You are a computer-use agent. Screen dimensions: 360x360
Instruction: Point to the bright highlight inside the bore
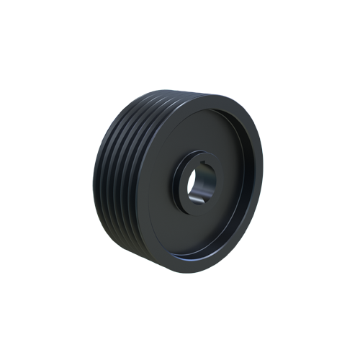click(x=193, y=189)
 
